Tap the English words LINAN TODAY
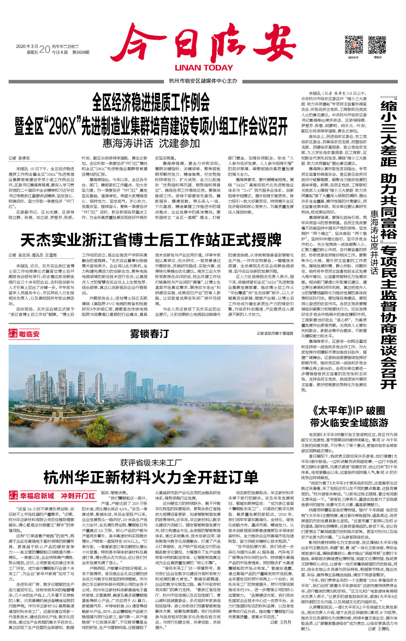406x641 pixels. click(204, 68)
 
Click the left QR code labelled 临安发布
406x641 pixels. click(353, 45)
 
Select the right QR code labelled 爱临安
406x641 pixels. click(377, 45)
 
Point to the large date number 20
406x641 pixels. click(45, 49)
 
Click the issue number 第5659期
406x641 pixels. click(81, 52)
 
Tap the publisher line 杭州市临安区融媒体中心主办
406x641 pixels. click(203, 81)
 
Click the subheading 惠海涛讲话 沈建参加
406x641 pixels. click(151, 143)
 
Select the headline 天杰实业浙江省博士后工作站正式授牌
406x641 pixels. click(151, 240)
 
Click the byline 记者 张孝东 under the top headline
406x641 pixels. click(19, 158)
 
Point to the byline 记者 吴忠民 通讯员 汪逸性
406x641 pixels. click(33, 255)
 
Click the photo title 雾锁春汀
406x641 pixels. click(149, 334)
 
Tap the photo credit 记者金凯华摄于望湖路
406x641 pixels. click(275, 333)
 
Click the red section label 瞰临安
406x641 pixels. click(29, 334)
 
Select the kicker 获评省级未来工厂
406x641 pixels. click(151, 463)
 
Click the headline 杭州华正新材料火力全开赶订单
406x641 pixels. click(151, 477)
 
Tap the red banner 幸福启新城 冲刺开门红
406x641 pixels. click(57, 496)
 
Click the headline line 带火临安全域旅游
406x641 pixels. click(349, 423)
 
